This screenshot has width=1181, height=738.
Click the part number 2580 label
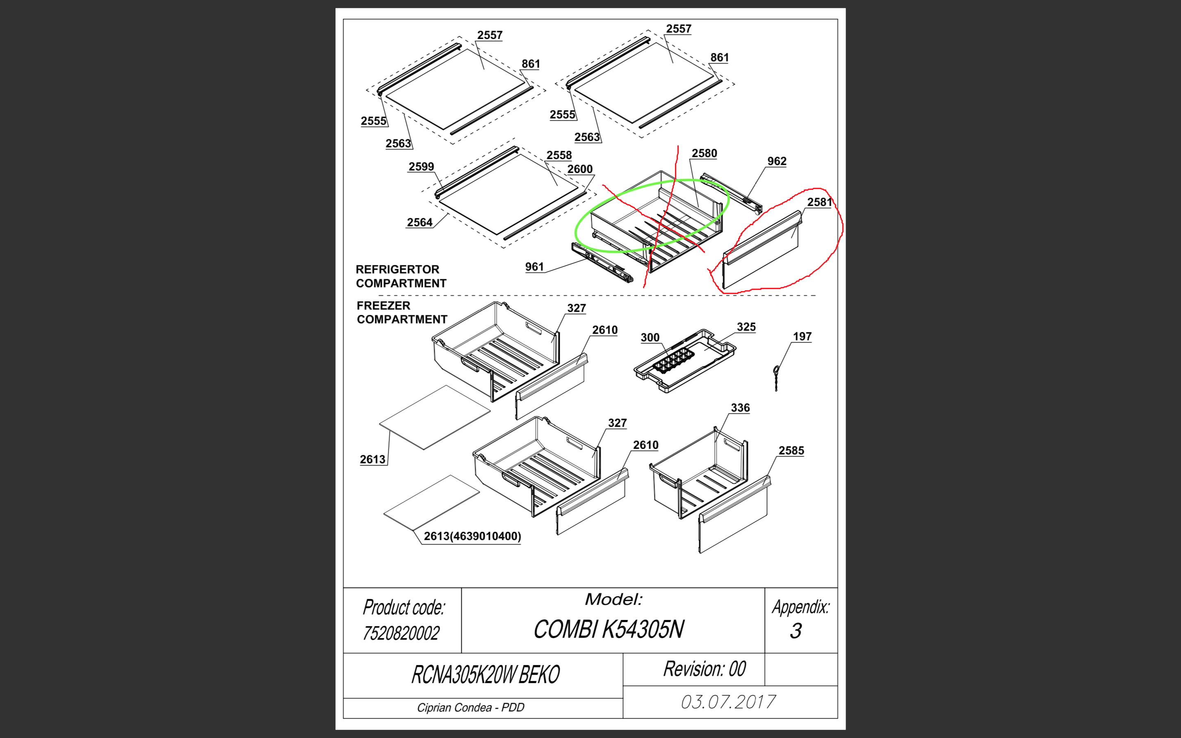click(704, 153)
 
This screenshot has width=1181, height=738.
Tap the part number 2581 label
click(819, 202)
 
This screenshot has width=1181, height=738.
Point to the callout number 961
click(534, 266)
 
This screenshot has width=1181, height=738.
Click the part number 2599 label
click(421, 166)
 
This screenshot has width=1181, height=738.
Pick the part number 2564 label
click(420, 223)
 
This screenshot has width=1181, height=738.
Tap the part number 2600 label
click(580, 169)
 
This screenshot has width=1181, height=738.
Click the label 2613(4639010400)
click(472, 536)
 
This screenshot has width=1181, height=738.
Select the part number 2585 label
click(791, 451)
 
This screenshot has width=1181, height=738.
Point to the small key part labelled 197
click(775, 378)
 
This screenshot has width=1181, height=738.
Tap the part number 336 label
click(740, 408)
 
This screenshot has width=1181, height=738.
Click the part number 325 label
click(746, 327)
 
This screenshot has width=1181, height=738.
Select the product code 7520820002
click(401, 633)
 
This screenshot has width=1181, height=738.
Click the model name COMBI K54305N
click(609, 629)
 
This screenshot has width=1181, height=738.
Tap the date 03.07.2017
click(728, 702)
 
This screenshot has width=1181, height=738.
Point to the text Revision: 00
click(704, 669)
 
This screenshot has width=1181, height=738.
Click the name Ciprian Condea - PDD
click(470, 708)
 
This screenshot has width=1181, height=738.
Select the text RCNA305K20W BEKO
click(486, 674)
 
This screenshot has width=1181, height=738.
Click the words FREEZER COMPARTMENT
click(401, 312)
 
